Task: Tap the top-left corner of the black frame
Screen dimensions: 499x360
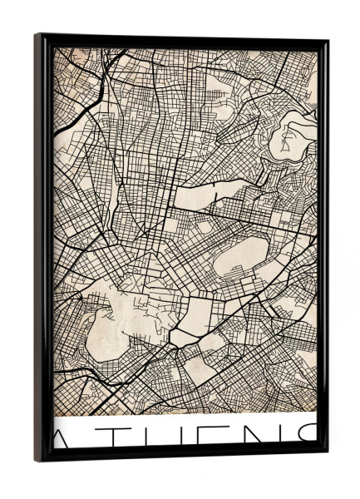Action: (x=37, y=35)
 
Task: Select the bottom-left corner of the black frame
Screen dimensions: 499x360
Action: (x=37, y=460)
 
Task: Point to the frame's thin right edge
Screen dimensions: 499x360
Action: (x=323, y=249)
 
